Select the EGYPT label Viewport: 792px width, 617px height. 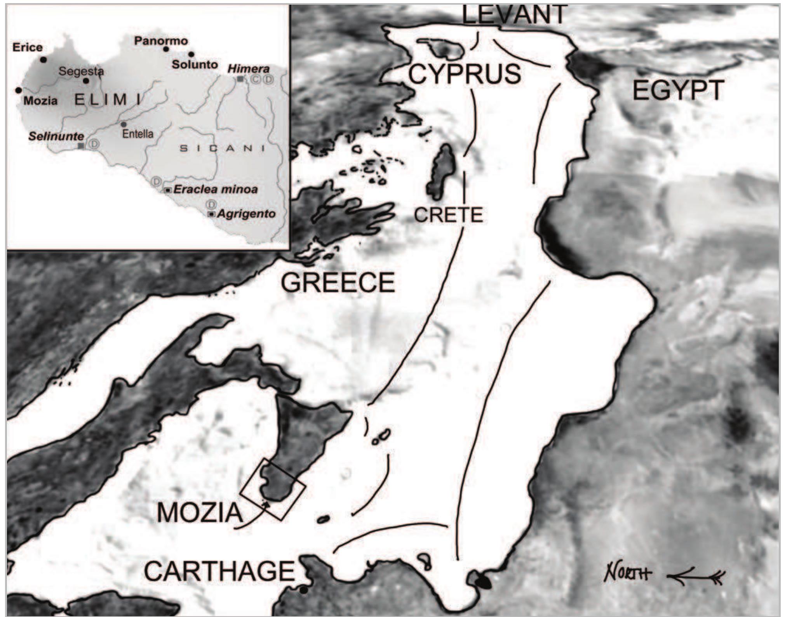point(678,90)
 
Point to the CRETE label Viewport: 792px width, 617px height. point(449,215)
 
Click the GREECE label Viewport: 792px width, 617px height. point(338,282)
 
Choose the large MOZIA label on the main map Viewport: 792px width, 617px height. point(200,513)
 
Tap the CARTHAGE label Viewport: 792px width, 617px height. point(219,571)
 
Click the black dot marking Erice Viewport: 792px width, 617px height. point(44,60)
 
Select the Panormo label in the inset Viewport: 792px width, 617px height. point(161,41)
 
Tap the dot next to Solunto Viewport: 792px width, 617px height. point(191,54)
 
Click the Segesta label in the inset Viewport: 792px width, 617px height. point(81,71)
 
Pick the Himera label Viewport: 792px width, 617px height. point(248,69)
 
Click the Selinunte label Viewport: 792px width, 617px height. point(56,136)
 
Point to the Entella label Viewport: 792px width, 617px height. point(138,134)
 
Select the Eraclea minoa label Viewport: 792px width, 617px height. point(216,189)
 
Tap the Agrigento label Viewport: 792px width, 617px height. point(246,214)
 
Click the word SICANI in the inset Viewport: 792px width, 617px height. point(222,148)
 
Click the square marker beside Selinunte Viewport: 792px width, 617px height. point(81,146)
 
